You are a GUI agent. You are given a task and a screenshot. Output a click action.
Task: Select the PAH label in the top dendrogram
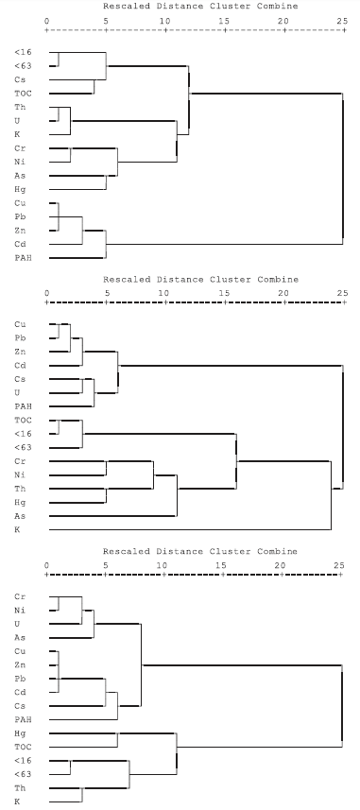coord(23,257)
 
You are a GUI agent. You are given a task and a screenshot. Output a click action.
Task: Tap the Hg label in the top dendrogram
coord(20,189)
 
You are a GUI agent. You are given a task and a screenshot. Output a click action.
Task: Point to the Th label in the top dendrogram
coord(20,107)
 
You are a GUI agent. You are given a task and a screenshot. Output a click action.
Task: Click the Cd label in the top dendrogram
coord(20,243)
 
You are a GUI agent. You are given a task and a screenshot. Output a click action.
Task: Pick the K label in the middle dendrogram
coord(17,530)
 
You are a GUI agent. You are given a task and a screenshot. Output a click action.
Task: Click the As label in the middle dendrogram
coord(20,516)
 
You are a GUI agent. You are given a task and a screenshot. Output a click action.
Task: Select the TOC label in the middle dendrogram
coord(23,420)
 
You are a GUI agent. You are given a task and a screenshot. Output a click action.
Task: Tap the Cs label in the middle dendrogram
coord(20,379)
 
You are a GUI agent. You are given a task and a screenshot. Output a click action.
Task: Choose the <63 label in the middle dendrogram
coord(23,447)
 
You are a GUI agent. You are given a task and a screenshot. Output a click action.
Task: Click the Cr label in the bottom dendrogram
coord(20,597)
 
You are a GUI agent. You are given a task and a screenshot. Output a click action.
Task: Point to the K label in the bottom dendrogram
coord(17,801)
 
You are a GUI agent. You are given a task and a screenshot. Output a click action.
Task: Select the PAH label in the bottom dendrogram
coord(23,720)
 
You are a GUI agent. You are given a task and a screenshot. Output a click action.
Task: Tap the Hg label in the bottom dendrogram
coord(20,733)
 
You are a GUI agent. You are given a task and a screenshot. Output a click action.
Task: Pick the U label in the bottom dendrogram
coord(17,625)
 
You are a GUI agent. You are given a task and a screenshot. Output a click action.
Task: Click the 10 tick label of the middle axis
coord(164,291)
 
